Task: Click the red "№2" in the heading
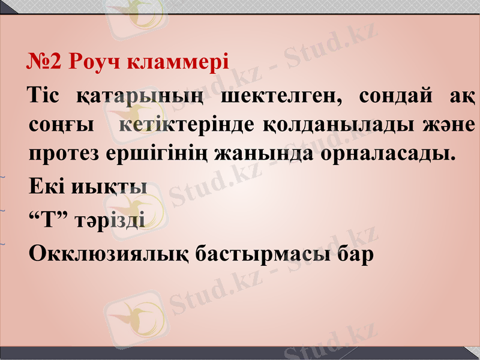(x=44, y=61)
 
